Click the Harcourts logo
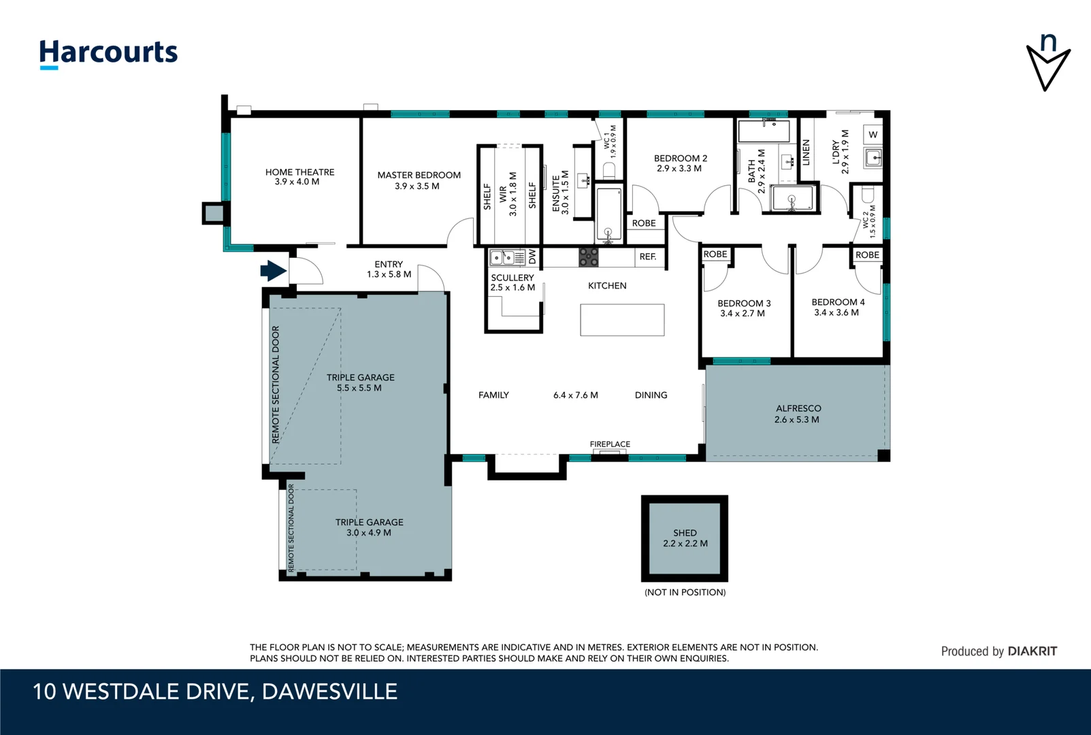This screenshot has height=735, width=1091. [x=109, y=54]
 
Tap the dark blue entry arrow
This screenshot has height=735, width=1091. [x=273, y=271]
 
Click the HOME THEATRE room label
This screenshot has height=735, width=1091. [x=299, y=172]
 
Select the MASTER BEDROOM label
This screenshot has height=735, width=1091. [x=419, y=175]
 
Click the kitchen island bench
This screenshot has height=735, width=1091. [x=622, y=320]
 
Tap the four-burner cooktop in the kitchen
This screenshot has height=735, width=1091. [x=588, y=257]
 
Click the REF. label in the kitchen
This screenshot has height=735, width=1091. [x=648, y=257]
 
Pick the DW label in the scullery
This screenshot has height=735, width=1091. [x=532, y=257]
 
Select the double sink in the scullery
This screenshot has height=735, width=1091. [x=503, y=257]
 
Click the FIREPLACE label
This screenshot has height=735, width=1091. [x=610, y=444]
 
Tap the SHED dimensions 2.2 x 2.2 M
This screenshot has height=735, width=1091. [x=685, y=544]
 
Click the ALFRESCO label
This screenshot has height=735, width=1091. [x=798, y=408]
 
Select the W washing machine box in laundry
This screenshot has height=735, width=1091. [x=873, y=135]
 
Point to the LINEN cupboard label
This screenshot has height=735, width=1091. [x=806, y=152]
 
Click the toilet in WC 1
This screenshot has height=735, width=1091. [x=609, y=170]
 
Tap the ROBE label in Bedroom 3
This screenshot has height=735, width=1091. [x=715, y=255]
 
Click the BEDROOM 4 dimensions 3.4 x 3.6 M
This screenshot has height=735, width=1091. [x=836, y=312]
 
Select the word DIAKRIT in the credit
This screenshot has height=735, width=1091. [x=1032, y=651]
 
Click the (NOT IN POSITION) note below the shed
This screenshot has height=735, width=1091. [x=685, y=592]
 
